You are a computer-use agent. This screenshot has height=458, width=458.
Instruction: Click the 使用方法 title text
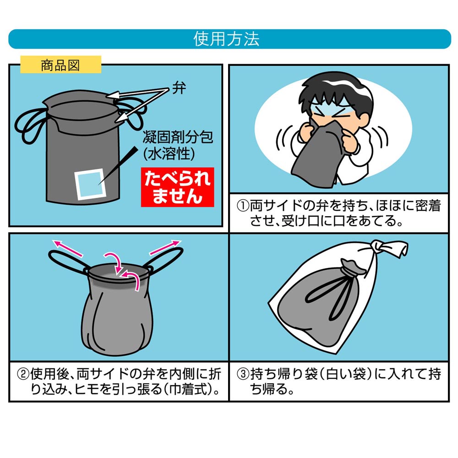point(226,39)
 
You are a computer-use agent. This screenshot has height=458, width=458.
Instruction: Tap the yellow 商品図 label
point(61,65)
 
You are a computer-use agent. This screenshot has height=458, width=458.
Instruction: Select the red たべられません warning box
point(178,187)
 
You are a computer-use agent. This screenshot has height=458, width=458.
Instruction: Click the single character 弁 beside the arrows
point(179,88)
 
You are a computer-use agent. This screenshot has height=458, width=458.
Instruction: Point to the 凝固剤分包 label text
point(178,136)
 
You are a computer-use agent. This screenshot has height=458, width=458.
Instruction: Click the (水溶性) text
point(169,153)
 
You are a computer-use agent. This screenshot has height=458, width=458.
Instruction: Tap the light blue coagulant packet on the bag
point(90,184)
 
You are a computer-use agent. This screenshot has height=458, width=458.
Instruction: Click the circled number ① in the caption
point(243,206)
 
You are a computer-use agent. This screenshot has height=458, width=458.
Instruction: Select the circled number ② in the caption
point(23,374)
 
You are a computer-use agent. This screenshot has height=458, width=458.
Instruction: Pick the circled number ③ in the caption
point(243,374)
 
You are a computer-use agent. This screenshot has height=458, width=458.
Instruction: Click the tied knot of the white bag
point(380,247)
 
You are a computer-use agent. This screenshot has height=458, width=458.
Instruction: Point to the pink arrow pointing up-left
point(67,248)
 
